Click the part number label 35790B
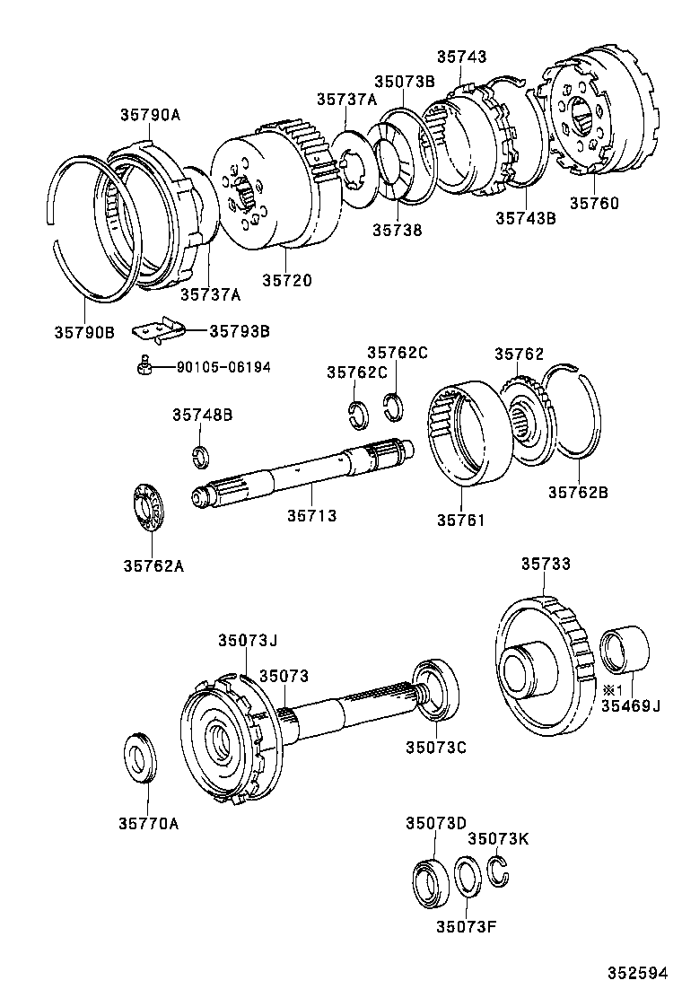tap(83, 332)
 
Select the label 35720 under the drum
tap(287, 281)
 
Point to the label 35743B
tap(526, 217)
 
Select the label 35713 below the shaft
tap(311, 515)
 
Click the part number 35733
tap(546, 564)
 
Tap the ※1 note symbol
tap(612, 689)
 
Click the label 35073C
tap(436, 746)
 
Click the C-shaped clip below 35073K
tap(499, 870)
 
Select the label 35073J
tap(248, 640)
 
